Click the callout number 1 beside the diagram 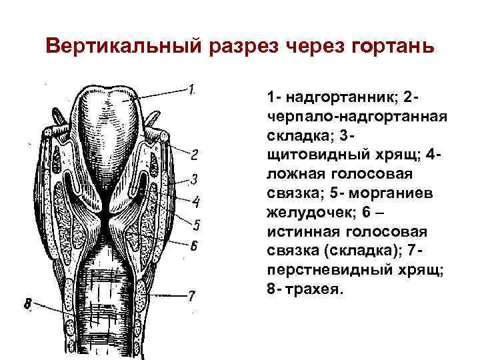(x=191, y=89)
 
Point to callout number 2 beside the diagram (x=194, y=155)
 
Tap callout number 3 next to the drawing (x=194, y=179)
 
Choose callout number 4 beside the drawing (x=196, y=201)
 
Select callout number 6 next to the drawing (x=194, y=245)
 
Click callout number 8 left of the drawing (x=27, y=305)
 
